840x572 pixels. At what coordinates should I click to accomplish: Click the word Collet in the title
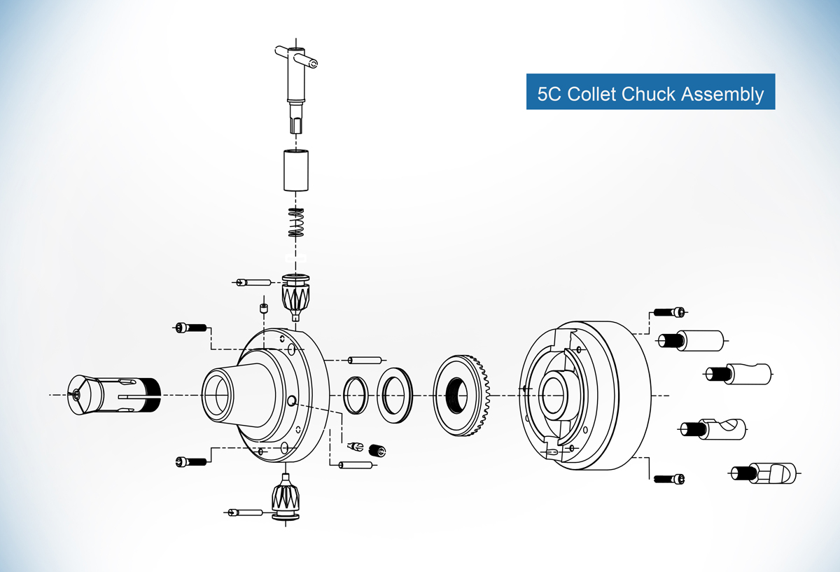click(592, 93)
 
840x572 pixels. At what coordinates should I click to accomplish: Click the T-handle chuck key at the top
click(296, 84)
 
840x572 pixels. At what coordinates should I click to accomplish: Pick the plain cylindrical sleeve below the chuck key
click(296, 169)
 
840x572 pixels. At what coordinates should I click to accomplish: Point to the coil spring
click(296, 223)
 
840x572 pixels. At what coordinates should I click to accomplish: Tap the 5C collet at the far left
click(115, 395)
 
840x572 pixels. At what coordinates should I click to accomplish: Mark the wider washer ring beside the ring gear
click(395, 395)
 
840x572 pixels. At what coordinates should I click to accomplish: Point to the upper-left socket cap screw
click(190, 327)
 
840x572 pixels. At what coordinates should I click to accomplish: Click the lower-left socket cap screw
click(190, 461)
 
